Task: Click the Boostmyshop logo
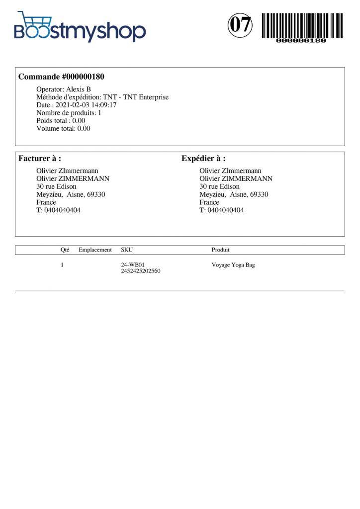[x=80, y=27]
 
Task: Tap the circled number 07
[x=240, y=25]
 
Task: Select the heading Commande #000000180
[x=61, y=77]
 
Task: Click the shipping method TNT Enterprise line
[x=102, y=97]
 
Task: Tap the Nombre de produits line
[x=69, y=113]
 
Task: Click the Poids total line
[x=61, y=121]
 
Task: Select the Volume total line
[x=63, y=129]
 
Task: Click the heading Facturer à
[x=40, y=159]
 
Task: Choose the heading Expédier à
[x=203, y=159]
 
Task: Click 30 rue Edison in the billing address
[x=56, y=186]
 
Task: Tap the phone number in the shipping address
[x=221, y=210]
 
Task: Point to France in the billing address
[x=46, y=202]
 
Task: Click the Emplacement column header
[x=95, y=250]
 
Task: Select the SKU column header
[x=127, y=250]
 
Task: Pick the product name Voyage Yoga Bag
[x=233, y=265]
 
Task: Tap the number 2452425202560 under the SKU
[x=141, y=271]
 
